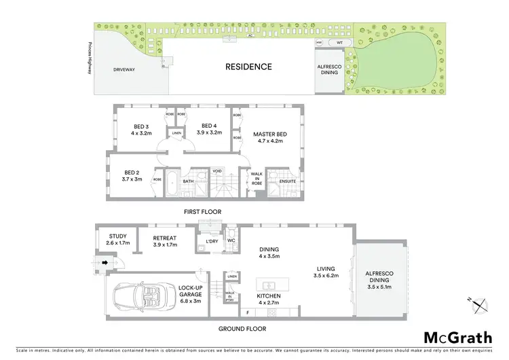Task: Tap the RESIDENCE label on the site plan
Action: [x=249, y=67]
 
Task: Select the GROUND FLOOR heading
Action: [x=242, y=329]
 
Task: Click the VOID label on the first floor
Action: [x=217, y=171]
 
